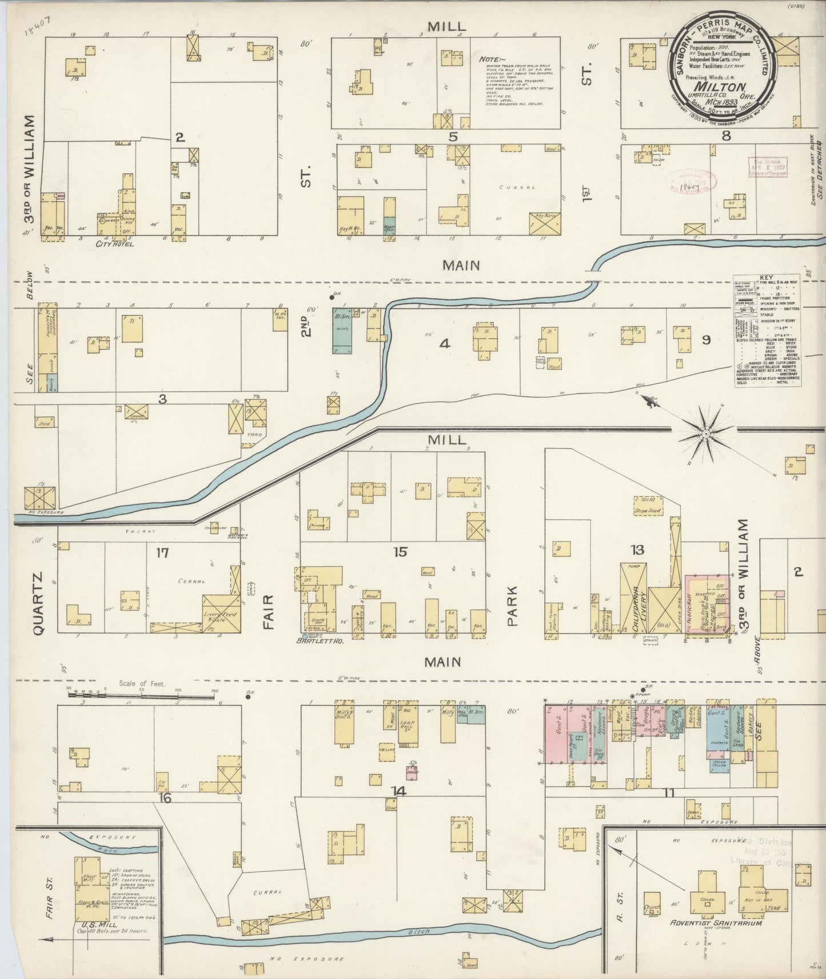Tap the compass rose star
click(x=705, y=435)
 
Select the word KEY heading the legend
click(x=767, y=278)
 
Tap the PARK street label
click(x=511, y=606)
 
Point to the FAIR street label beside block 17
click(x=269, y=612)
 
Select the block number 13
click(x=637, y=549)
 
